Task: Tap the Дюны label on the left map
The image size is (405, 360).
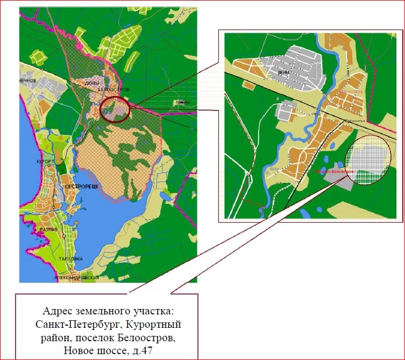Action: coord(90,83)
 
